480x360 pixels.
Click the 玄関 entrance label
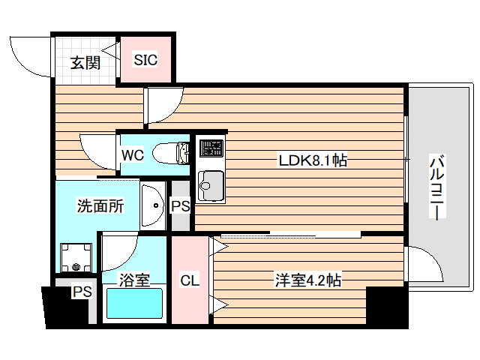[85, 61]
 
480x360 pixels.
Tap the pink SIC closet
[145, 59]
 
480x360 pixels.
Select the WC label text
[132, 155]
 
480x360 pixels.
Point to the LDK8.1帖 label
[312, 160]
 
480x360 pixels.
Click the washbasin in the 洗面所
[154, 203]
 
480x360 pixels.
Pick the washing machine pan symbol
[76, 257]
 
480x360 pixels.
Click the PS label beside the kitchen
[180, 205]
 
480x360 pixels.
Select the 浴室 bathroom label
[135, 280]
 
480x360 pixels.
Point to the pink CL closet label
[189, 280]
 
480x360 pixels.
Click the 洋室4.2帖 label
[308, 280]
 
